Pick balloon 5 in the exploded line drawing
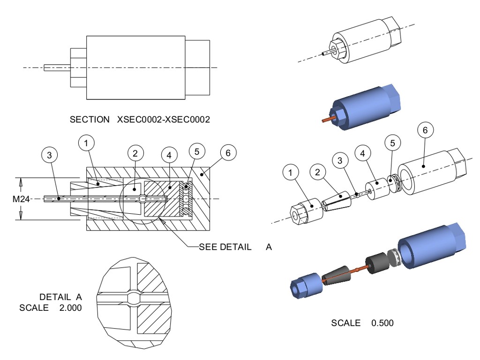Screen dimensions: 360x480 pos(393,142)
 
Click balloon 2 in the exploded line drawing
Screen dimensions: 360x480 pos(318,172)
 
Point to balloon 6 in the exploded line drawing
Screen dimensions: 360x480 pos(425,130)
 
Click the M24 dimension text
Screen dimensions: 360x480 pos(21,199)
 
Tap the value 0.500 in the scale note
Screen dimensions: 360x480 pos(382,323)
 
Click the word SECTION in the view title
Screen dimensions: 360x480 pos(89,120)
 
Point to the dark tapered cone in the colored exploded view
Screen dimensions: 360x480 pos(338,277)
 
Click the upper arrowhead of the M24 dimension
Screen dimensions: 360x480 pos(21,182)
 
